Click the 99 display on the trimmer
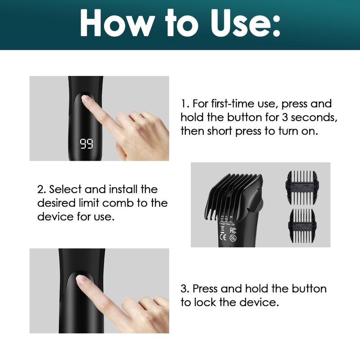click(x=86, y=144)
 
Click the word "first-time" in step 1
click(x=234, y=104)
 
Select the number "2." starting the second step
click(x=42, y=189)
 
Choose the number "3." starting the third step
click(x=185, y=288)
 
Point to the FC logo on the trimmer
click(x=233, y=230)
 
